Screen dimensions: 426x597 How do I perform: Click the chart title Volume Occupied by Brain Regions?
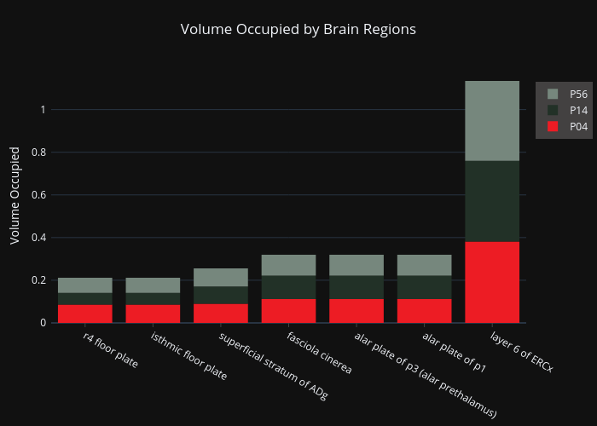(298, 29)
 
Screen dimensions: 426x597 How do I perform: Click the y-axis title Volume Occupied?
(14, 195)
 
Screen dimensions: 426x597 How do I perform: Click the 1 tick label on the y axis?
(43, 110)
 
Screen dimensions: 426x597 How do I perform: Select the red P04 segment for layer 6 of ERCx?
(492, 282)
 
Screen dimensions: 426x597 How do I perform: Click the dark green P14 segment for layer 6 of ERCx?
(492, 201)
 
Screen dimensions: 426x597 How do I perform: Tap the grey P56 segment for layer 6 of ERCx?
(492, 121)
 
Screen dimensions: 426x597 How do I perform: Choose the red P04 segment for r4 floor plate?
(85, 314)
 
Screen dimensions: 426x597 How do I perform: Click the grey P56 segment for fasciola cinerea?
(288, 265)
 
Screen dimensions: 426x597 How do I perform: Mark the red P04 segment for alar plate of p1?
(424, 311)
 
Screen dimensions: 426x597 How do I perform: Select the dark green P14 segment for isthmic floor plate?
(153, 299)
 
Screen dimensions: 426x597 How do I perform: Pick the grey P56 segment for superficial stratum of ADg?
(221, 278)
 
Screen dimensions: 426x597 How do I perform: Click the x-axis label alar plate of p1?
(454, 352)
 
